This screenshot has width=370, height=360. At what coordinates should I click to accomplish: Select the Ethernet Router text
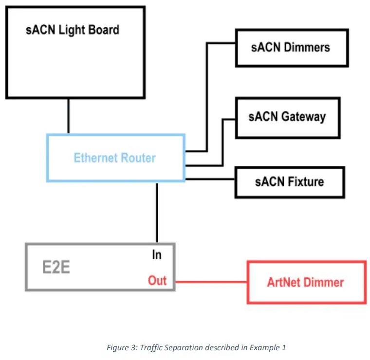[114, 158]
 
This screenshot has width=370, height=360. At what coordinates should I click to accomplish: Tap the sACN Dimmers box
[292, 47]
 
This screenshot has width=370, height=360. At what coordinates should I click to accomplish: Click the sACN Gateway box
[287, 117]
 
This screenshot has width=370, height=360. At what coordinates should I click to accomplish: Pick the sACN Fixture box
[289, 182]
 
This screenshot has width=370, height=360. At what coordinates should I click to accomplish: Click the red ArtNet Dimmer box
[306, 282]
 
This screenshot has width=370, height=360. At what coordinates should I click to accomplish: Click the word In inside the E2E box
[157, 254]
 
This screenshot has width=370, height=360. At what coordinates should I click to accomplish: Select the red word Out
[157, 281]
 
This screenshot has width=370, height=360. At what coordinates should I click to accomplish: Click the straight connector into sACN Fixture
[210, 180]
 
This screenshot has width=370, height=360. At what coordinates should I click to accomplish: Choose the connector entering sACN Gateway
[223, 141]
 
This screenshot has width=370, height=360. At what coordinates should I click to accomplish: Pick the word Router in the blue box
[138, 158]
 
